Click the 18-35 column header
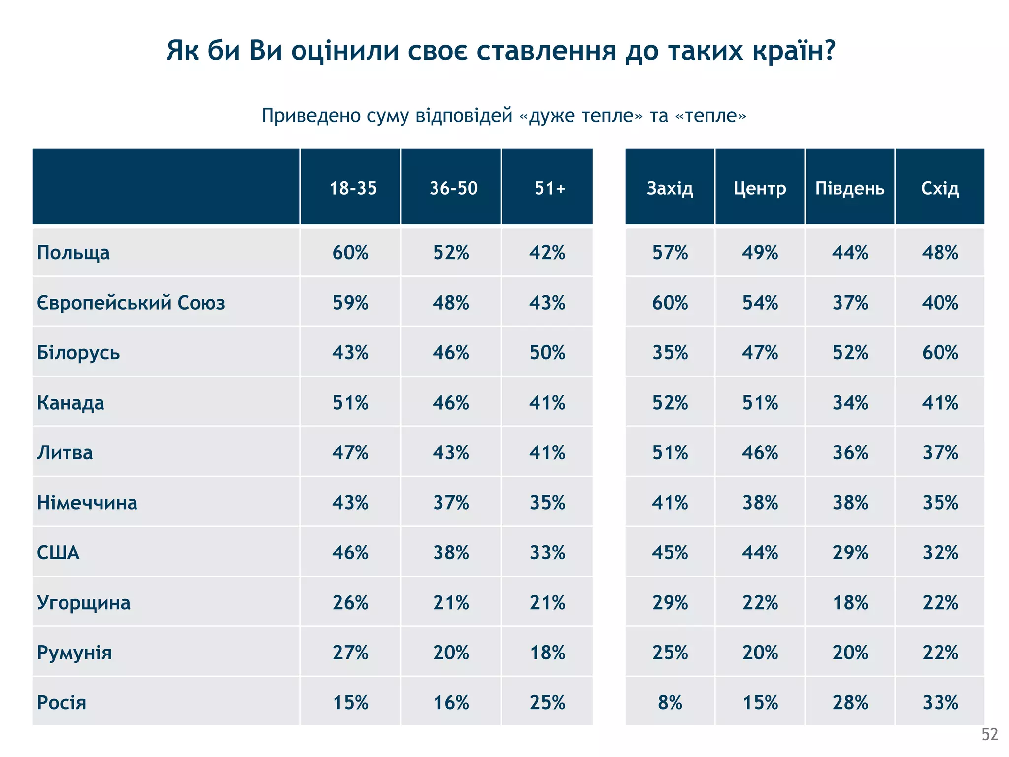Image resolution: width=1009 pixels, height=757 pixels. [353, 188]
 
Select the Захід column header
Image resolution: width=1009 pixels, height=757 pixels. [670, 188]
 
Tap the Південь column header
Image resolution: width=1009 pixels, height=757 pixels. [850, 188]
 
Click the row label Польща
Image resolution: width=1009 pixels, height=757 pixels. [73, 253]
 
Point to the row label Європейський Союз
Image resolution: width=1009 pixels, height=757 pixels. [131, 303]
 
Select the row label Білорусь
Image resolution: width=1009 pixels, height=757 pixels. [78, 353]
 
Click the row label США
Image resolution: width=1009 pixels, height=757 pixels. [58, 552]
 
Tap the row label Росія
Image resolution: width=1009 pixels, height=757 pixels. [62, 702]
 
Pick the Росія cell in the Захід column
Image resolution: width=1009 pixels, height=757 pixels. [670, 702]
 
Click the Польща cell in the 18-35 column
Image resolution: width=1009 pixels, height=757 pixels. [350, 253]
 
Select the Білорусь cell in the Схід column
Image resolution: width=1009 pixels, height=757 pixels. [940, 353]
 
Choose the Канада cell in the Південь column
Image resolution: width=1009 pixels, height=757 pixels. [850, 403]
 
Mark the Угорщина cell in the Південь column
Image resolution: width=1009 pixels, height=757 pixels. [850, 603]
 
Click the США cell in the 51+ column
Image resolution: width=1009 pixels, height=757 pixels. [547, 552]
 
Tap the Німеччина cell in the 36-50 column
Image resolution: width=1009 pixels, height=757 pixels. [451, 503]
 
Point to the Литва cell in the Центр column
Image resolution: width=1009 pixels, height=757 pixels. [760, 452]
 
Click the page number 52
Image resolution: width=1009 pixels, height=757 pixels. [990, 735]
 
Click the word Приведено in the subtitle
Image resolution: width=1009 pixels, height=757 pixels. [311, 116]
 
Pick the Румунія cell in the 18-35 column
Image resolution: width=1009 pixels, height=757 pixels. [350, 653]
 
